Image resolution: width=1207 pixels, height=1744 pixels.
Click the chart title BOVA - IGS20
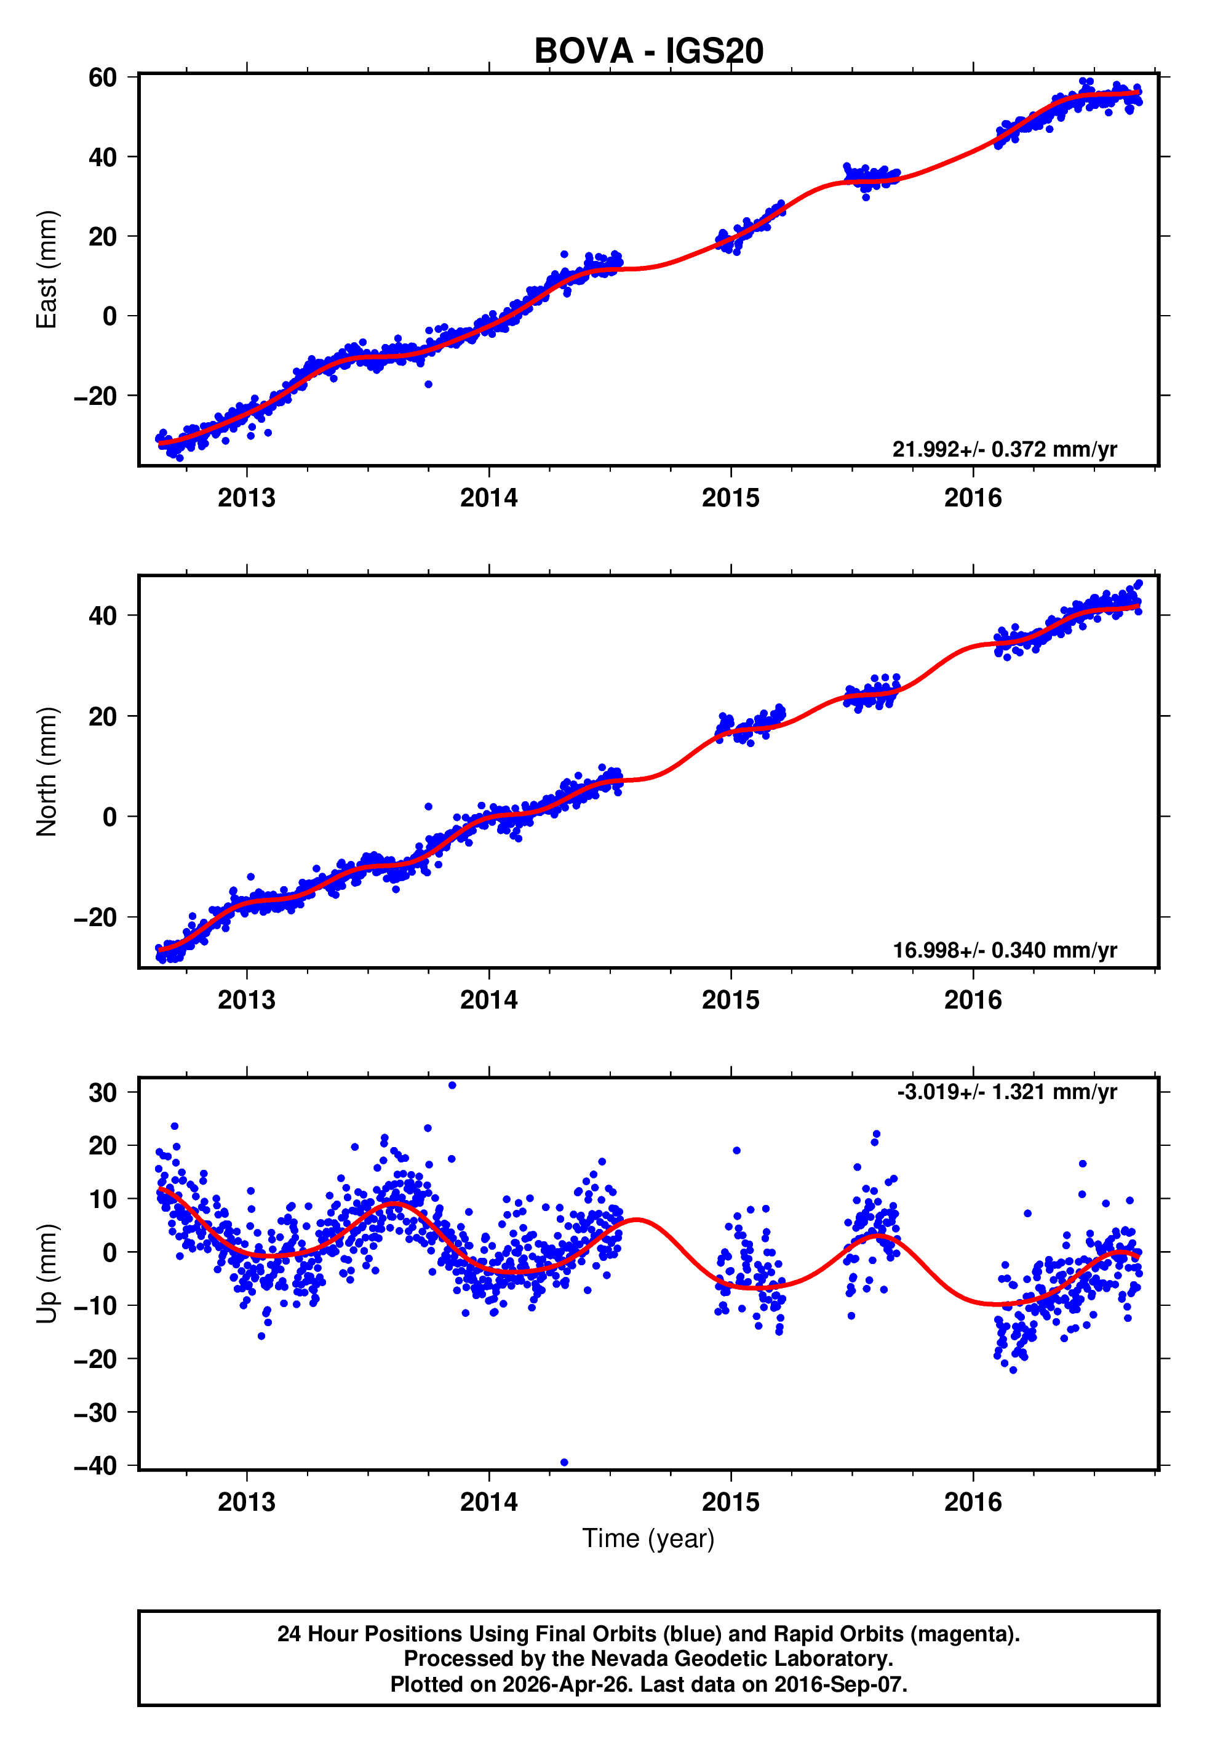coord(648,52)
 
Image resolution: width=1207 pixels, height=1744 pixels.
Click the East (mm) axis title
coord(47,270)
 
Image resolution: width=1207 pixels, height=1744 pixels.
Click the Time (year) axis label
coord(648,1538)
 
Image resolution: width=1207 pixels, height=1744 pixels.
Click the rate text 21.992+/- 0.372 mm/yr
coord(1005,449)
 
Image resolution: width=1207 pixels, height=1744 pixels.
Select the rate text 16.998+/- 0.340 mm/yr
coord(1005,950)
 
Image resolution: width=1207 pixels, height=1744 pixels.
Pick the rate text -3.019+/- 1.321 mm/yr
coord(1006,1092)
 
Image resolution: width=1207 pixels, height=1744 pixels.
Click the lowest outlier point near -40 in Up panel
coord(564,1462)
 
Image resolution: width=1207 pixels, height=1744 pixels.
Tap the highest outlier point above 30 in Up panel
coord(452,1086)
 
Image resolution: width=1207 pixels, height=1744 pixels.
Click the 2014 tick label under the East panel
coord(488,498)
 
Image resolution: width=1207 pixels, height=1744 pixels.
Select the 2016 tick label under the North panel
coord(973,1000)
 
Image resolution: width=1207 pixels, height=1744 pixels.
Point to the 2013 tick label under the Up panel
coord(247,1502)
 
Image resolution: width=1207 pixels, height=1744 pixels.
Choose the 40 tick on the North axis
coord(102,615)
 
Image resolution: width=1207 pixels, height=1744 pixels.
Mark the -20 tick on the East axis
coord(96,396)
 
